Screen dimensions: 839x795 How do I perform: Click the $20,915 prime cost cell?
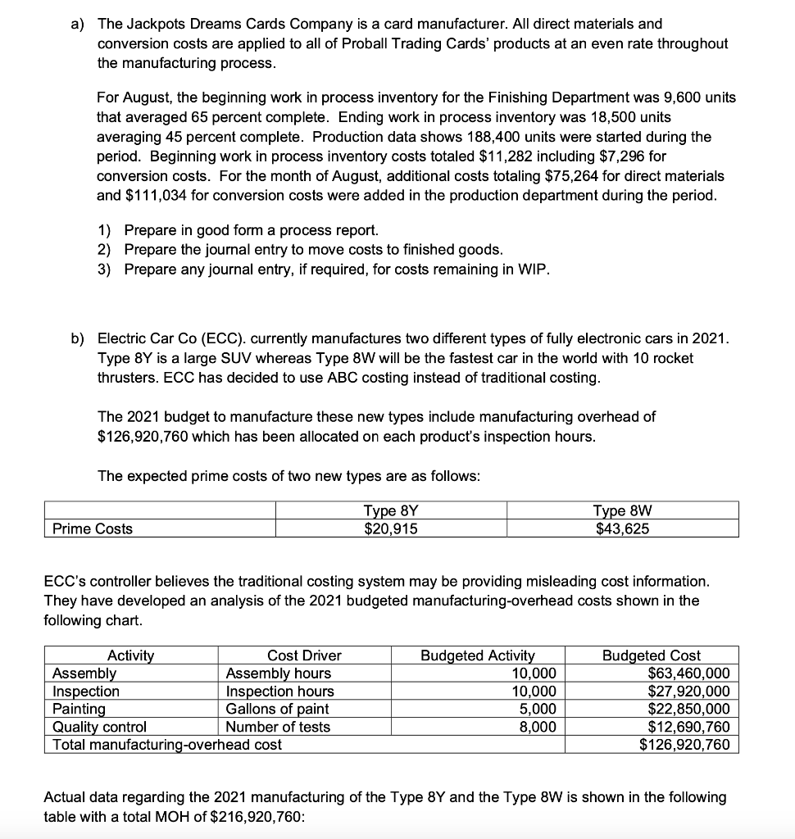[390, 528]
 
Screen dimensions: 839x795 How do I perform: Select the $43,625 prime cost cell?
[622, 528]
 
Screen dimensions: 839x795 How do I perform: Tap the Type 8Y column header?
[390, 511]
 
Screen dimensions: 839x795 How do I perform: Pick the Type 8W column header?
[622, 511]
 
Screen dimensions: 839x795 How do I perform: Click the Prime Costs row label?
[92, 528]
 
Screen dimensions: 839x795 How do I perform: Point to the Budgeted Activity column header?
[477, 655]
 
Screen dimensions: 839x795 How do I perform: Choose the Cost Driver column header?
[304, 655]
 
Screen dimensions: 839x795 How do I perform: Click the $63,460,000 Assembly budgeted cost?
[688, 673]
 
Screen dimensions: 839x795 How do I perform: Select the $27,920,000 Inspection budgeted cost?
[688, 692]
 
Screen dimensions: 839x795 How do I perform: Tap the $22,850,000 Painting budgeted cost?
[688, 709]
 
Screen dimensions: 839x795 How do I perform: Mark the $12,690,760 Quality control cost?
[688, 727]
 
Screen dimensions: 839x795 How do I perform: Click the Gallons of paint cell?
[277, 709]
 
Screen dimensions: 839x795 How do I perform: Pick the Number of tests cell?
[278, 727]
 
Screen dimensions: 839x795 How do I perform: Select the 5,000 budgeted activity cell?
[538, 709]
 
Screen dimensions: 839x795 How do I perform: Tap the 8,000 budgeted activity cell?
[538, 727]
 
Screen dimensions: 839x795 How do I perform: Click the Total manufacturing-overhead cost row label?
[166, 745]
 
